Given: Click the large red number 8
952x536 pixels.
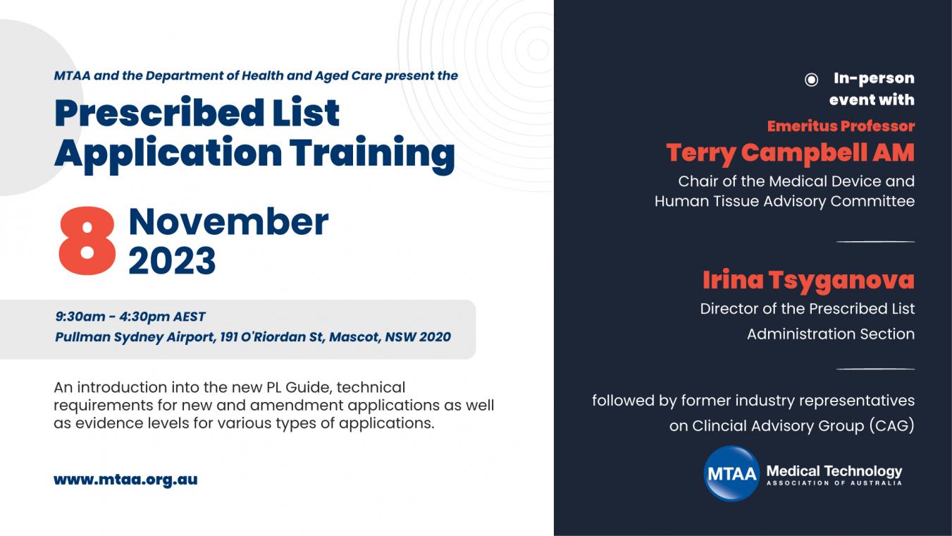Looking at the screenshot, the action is [x=87, y=240].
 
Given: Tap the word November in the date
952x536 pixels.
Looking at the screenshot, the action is [x=228, y=221].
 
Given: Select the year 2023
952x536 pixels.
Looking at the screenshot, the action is [x=172, y=260].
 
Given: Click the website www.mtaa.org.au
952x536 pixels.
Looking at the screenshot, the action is [x=126, y=480].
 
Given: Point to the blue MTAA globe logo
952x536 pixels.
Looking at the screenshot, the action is [x=731, y=473].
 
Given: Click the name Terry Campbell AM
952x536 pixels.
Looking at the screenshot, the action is [x=791, y=153].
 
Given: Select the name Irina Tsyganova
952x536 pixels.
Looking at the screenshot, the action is [x=809, y=280].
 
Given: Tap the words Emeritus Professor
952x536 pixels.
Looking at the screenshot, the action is [x=841, y=126].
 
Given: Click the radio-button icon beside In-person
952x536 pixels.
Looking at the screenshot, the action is [x=811, y=80].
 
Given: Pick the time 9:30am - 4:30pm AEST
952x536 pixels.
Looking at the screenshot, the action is [x=130, y=317].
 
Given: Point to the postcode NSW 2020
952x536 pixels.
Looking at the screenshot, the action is [x=418, y=336].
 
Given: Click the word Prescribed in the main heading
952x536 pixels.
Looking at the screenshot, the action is [x=159, y=113].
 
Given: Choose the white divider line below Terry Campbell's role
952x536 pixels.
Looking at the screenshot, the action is [x=875, y=242].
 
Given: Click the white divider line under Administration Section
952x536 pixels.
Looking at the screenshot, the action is [x=875, y=369].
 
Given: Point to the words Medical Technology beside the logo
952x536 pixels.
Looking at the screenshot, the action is [x=834, y=471].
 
